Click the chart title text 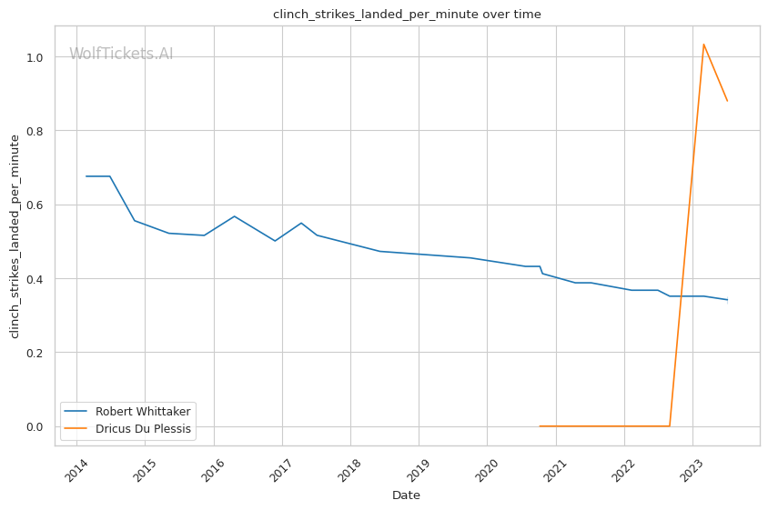pos(407,14)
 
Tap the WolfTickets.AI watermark pos(121,54)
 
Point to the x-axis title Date pos(406,495)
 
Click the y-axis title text pos(14,235)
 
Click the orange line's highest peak pos(703,44)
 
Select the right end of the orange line pos(727,100)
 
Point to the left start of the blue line pos(86,176)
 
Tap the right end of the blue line pos(727,300)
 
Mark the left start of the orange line pos(540,425)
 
